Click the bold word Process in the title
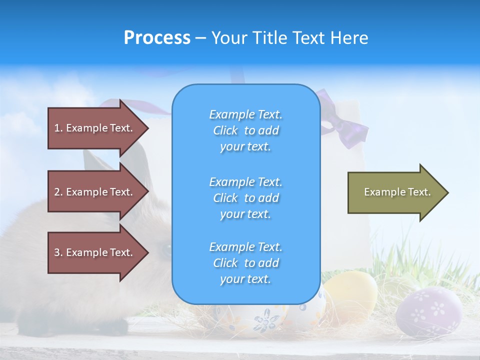[x=157, y=38]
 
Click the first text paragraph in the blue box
[x=245, y=130]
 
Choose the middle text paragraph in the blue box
[x=245, y=198]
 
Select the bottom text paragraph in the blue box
[x=245, y=263]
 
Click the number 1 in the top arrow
[x=57, y=128]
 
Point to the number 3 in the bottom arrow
[x=57, y=252]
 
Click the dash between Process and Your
[x=200, y=38]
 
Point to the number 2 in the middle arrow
[x=57, y=192]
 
